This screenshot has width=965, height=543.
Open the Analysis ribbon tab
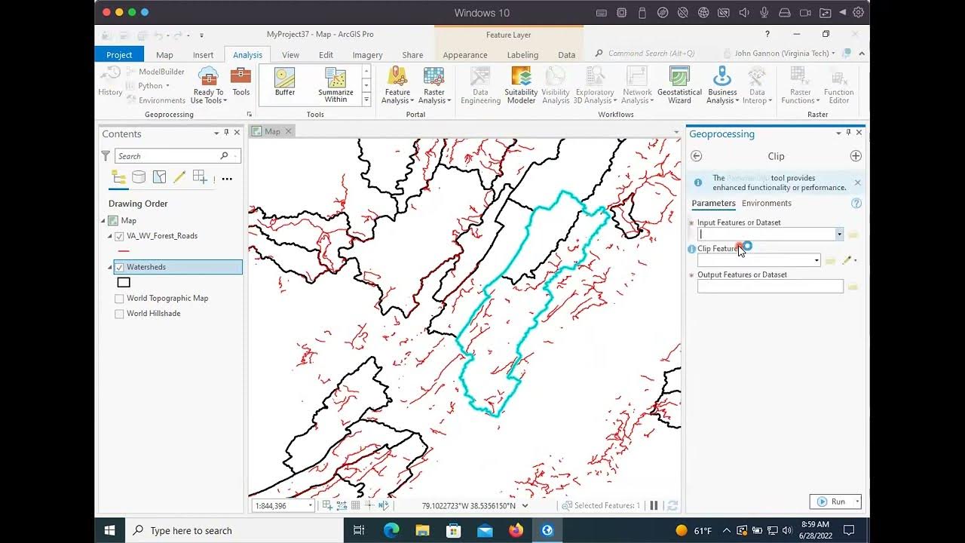247,55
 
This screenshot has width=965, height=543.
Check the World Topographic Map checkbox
119,298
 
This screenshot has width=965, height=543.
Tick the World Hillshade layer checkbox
119,314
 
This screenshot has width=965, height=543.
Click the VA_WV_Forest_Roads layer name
162,236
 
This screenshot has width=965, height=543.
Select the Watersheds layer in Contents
146,267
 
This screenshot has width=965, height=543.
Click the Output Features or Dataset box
770,287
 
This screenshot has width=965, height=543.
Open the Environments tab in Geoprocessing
766,204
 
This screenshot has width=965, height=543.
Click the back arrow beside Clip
696,156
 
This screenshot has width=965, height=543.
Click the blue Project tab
119,55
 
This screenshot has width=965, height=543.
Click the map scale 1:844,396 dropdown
283,505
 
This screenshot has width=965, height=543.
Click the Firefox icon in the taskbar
516,530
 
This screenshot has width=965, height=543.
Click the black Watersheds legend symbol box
124,282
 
